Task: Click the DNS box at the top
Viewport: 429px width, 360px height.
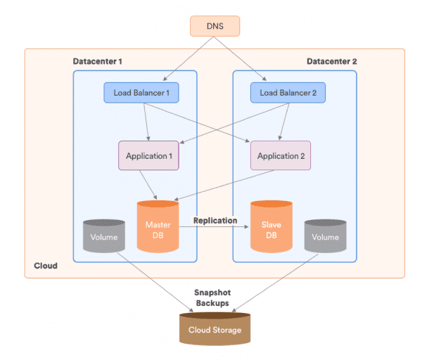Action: tap(214, 26)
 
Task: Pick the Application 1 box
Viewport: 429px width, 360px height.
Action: tap(148, 155)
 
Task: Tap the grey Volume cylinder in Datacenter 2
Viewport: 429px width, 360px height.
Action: tap(325, 237)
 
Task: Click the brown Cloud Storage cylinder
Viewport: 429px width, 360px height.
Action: tap(214, 330)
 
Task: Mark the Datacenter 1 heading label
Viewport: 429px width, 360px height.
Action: tap(98, 61)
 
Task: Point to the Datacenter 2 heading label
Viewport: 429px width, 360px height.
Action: tap(332, 61)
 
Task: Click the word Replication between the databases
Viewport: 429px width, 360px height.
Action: tap(215, 220)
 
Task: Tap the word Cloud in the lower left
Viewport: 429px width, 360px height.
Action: tap(46, 266)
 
